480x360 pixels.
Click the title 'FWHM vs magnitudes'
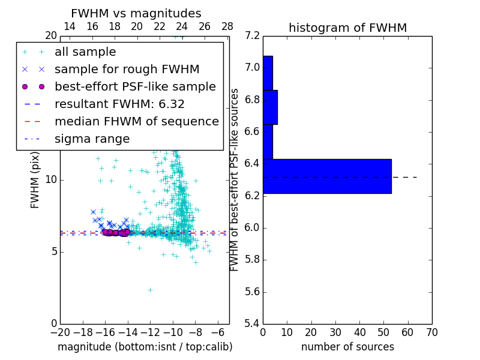point(136,13)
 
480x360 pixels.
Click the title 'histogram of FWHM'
point(347,28)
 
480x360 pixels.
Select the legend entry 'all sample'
point(85,52)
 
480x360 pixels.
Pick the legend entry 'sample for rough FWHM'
point(127,70)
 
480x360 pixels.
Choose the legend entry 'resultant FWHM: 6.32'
point(119,104)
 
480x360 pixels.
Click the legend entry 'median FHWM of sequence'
point(136,121)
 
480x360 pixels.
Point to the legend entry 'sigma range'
point(92,139)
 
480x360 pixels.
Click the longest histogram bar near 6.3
point(327,176)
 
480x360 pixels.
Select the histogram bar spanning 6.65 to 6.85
point(270,107)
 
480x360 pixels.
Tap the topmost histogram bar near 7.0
point(268,73)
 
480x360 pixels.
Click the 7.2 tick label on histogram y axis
point(253,35)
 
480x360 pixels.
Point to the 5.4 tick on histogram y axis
point(253,323)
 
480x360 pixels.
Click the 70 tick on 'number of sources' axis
point(431,332)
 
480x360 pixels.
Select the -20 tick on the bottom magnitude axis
point(60,332)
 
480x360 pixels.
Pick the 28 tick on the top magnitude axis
point(227,26)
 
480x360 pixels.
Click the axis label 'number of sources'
point(347,347)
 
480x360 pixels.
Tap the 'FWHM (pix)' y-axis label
point(35,179)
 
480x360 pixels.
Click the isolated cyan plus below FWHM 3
point(150,290)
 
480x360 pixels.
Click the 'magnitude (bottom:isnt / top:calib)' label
point(145,347)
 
